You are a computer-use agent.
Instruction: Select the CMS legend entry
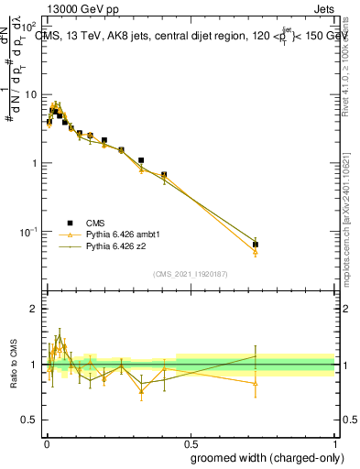pyautogui.click(x=96, y=223)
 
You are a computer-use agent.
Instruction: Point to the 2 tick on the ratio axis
pyautogui.click(x=33, y=309)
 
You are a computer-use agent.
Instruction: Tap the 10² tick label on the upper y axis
pyautogui.click(x=29, y=26)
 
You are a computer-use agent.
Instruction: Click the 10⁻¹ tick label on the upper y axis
pyautogui.click(x=27, y=232)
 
